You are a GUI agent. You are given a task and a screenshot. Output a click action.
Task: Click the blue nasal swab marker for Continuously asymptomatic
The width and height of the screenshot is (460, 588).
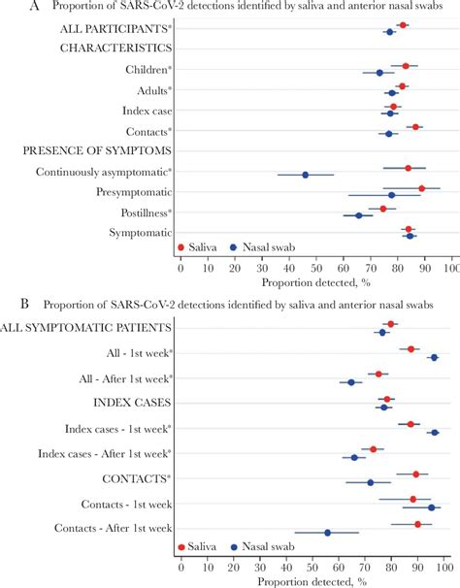[x=305, y=175]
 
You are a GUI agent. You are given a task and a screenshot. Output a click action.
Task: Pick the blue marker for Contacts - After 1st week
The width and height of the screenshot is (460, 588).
[x=327, y=533]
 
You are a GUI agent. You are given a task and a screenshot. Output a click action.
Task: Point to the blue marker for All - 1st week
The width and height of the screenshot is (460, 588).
[x=434, y=358]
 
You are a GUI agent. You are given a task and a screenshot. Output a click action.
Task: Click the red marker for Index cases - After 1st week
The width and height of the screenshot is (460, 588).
[x=373, y=449]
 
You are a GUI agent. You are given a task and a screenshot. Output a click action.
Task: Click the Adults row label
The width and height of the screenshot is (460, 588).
[x=149, y=90]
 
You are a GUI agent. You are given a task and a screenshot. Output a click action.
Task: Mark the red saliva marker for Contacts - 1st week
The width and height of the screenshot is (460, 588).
[x=412, y=500]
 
